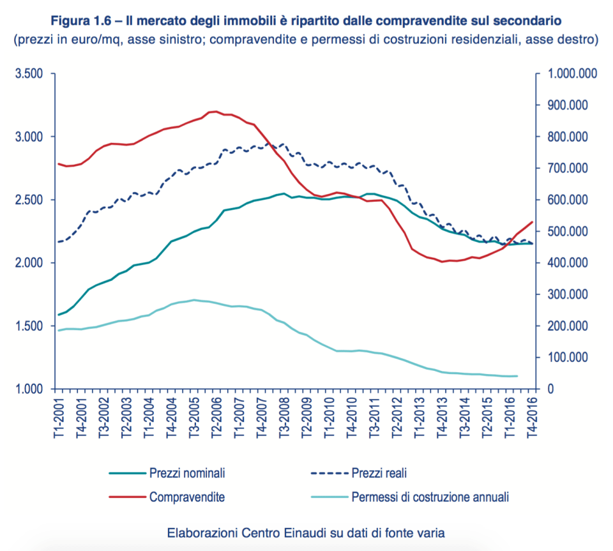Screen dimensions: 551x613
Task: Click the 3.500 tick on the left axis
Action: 29,74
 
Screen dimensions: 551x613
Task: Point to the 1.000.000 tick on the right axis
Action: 569,74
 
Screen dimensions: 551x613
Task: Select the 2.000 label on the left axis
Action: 29,263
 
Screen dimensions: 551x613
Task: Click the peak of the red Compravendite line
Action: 215,111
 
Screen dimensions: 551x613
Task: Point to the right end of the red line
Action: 532,222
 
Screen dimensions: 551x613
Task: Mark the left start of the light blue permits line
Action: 57,330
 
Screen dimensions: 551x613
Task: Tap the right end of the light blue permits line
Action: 516,376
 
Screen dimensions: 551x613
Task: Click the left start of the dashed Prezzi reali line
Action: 57,242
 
